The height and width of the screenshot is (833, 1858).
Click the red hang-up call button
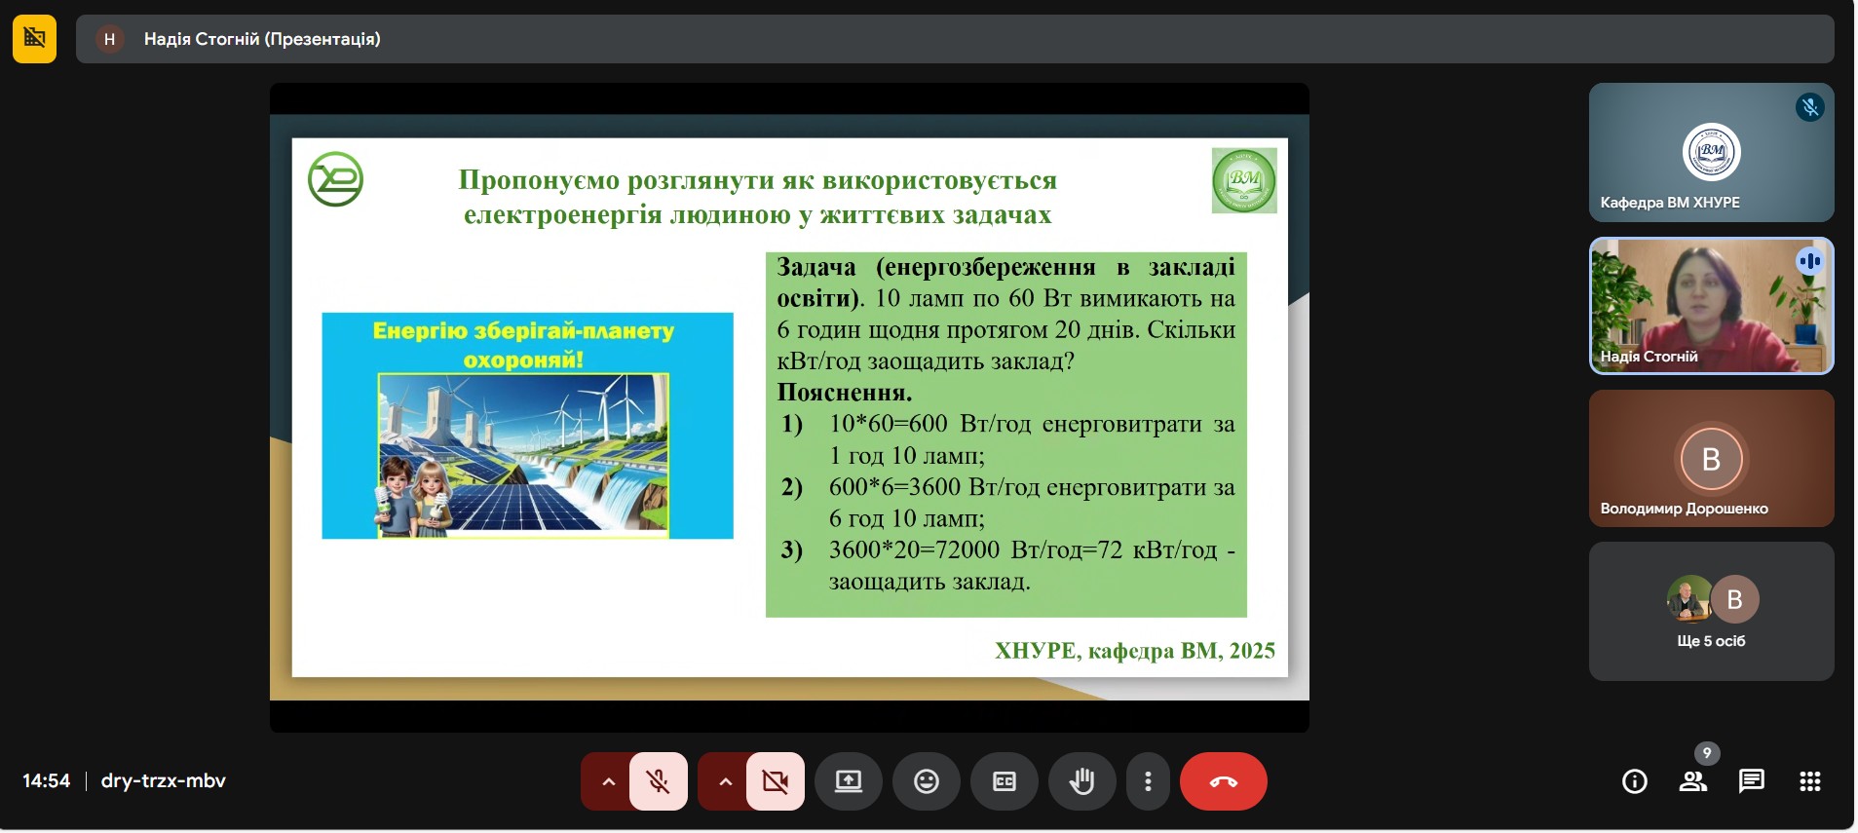tap(1223, 781)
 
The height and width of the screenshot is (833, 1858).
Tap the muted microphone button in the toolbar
tap(659, 781)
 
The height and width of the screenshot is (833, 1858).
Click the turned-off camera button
tap(776, 781)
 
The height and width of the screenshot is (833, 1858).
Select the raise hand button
tap(1081, 781)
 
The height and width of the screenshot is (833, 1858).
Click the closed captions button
tap(1004, 781)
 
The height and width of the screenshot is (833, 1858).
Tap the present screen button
tap(848, 781)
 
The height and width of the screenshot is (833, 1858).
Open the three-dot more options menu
tap(1148, 781)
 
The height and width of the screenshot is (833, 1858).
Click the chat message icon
tap(1751, 781)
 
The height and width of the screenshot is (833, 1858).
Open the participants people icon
tap(1693, 781)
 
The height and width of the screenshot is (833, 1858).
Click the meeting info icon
tap(1635, 781)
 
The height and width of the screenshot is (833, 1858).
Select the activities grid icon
tap(1810, 781)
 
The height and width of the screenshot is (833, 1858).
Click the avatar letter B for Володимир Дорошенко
tap(1711, 459)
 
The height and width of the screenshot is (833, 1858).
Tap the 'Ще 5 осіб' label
tap(1711, 641)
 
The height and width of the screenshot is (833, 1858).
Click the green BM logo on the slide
tap(1244, 180)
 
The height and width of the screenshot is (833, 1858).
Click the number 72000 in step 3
tap(967, 550)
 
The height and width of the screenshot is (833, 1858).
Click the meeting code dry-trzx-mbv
tap(164, 781)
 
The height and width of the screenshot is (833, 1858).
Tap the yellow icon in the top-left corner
tap(34, 39)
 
